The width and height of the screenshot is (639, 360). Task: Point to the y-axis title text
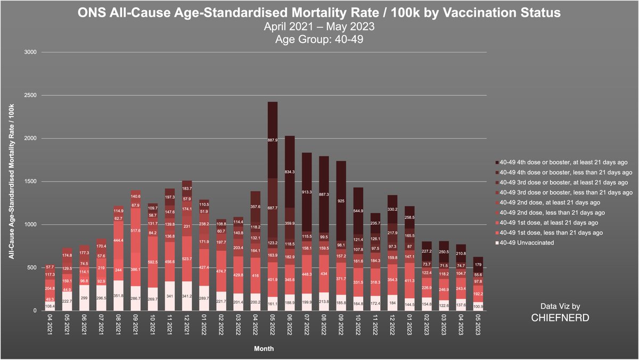(11, 181)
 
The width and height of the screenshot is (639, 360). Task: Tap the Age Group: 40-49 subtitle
(319, 38)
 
